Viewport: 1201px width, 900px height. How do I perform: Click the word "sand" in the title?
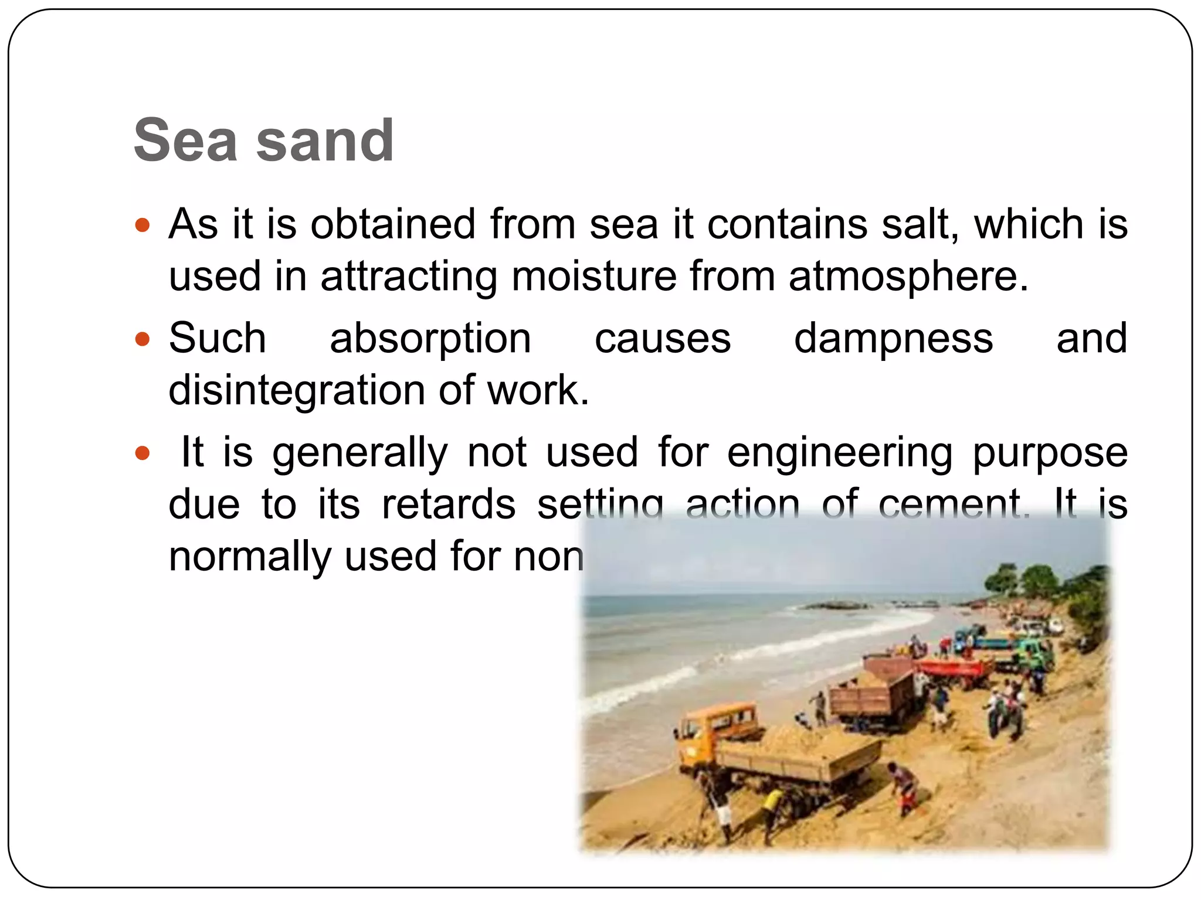(325, 141)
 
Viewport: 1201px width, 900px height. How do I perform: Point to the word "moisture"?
(594, 277)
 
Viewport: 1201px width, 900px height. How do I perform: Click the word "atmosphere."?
(908, 277)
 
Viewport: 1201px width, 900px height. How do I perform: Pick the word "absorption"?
(430, 339)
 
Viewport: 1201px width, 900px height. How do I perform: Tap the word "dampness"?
(893, 339)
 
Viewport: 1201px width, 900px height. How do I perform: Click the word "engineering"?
(840, 453)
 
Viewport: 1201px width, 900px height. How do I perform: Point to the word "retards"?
(448, 504)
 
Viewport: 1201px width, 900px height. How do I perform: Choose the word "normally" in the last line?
(250, 557)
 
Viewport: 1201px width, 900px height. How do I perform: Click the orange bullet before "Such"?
(143, 339)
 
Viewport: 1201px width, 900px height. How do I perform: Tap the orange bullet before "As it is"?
(143, 225)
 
